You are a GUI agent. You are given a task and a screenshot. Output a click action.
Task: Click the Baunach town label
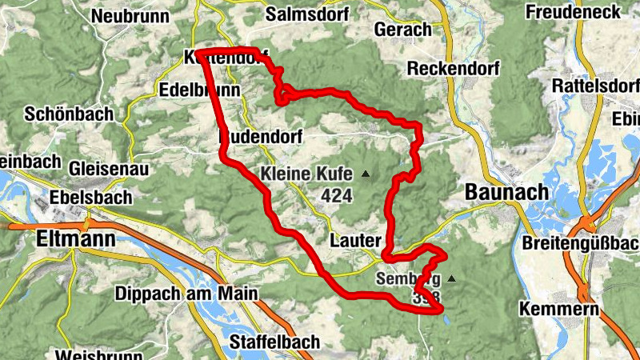tap(506, 193)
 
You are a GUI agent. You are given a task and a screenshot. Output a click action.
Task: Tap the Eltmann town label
tap(76, 238)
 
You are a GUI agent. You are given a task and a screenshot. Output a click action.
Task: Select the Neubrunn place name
tap(128, 16)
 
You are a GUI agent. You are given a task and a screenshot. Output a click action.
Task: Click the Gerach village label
tap(402, 30)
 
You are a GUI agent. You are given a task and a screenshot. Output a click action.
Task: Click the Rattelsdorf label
tap(595, 86)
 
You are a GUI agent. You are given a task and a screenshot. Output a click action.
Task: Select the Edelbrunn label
tap(200, 90)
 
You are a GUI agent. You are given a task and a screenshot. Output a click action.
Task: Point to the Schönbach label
tap(69, 114)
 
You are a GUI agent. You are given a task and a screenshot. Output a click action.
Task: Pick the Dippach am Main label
tap(186, 294)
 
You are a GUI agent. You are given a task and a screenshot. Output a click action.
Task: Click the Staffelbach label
tap(274, 342)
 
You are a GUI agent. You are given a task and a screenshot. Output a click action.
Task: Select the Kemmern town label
tap(558, 309)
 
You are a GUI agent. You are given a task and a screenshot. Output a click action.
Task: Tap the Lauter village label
tap(354, 240)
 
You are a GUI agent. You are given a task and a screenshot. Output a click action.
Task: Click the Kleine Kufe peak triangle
tap(366, 174)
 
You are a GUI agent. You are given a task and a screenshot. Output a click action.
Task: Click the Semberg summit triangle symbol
tap(451, 279)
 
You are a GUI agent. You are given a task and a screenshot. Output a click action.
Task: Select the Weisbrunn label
tap(88, 354)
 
